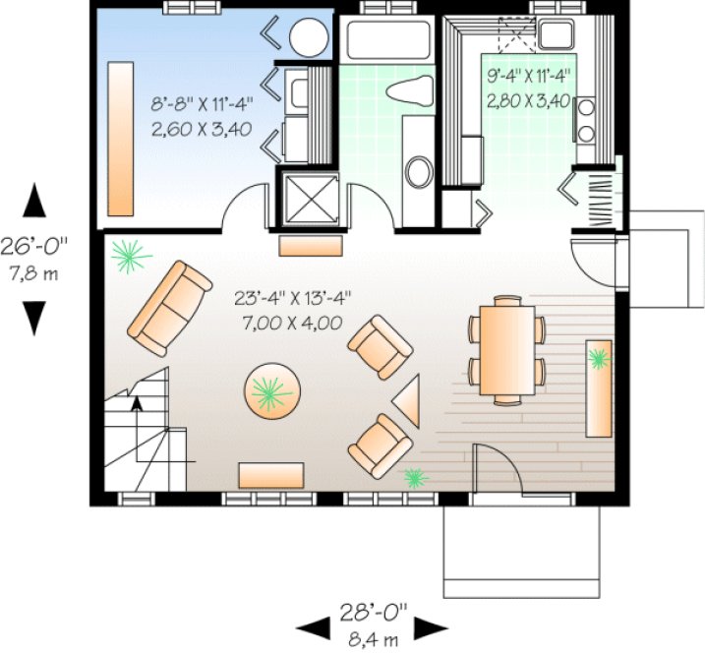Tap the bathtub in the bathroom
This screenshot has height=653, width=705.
pyautogui.click(x=384, y=40)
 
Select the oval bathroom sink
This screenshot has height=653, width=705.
pyautogui.click(x=419, y=171)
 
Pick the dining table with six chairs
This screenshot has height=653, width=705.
pyautogui.click(x=506, y=350)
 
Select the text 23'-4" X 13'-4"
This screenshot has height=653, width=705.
pyautogui.click(x=293, y=296)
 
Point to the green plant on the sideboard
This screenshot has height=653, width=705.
pyautogui.click(x=597, y=361)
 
